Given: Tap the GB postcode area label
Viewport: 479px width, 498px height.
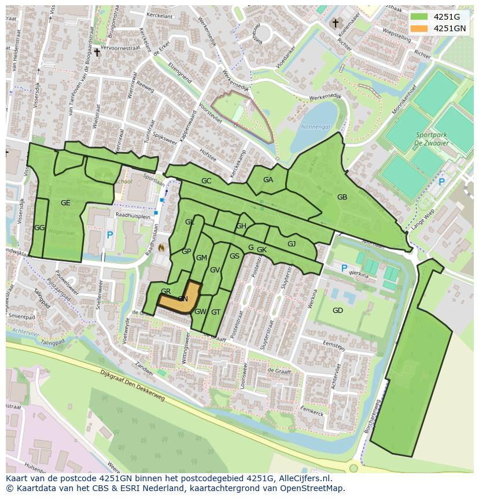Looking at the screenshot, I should [342, 197].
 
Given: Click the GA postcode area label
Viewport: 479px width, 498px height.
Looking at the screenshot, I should [268, 180].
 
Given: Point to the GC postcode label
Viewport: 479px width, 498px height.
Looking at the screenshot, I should [206, 181].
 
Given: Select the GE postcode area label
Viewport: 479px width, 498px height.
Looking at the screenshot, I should [65, 202].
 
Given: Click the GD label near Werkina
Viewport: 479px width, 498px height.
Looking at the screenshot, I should [338, 311].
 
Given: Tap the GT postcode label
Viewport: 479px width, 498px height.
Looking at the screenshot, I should [216, 312].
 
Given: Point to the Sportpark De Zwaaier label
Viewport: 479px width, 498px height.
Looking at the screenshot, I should [436, 139].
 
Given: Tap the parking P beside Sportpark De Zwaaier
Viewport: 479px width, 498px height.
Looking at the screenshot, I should [442, 182].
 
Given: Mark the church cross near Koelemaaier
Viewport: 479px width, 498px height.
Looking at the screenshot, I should [335, 23].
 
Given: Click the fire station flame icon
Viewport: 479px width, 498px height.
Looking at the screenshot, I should [161, 248].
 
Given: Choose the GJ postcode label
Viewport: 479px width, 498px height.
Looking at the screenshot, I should [292, 244].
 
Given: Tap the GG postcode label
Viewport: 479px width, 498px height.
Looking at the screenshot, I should [39, 228].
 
